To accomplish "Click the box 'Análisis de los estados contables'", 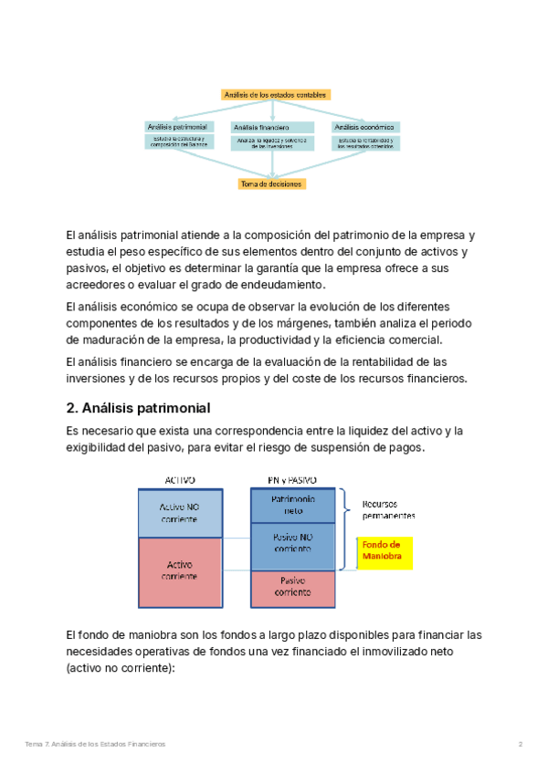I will click(275, 94).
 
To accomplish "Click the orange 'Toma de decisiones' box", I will click(271, 183).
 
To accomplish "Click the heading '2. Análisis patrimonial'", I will click(139, 407).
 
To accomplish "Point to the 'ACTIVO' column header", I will click(179, 480).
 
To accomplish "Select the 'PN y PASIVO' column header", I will click(291, 480).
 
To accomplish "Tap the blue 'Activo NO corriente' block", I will click(179, 512).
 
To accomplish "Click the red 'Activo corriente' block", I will click(179, 570).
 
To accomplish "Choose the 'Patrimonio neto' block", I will click(293, 506).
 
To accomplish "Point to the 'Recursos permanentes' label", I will click(388, 509).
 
